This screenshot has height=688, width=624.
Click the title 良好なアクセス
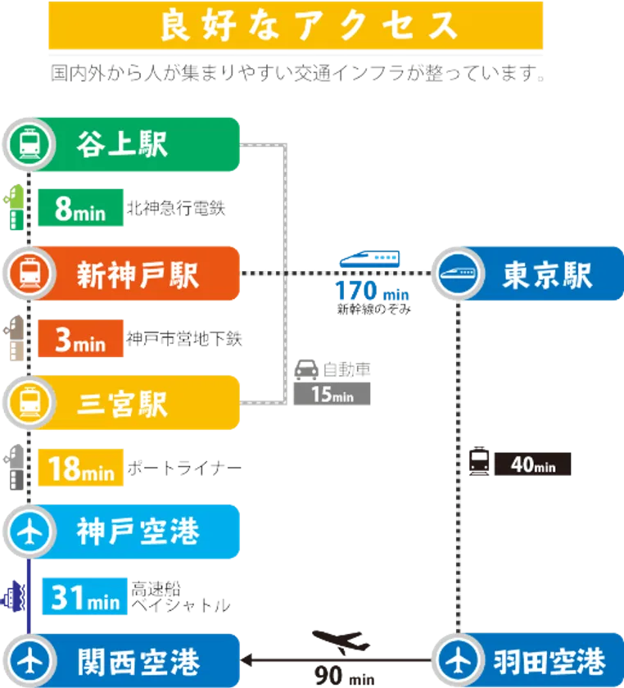(x=296, y=25)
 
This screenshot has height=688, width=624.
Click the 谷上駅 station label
(x=122, y=144)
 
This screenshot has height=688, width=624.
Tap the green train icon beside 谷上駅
(x=29, y=145)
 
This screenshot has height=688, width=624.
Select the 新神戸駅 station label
(x=138, y=274)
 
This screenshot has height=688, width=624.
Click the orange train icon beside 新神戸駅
(x=29, y=274)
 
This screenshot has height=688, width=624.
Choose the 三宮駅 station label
(x=122, y=404)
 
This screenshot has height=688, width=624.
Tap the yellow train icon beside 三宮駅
(x=29, y=404)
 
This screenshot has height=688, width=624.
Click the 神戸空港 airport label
(x=138, y=532)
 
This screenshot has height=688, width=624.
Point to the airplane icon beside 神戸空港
(x=29, y=533)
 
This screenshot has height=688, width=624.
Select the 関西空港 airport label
(x=138, y=659)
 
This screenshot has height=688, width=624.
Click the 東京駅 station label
(x=547, y=275)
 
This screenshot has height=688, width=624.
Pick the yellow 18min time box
(x=81, y=469)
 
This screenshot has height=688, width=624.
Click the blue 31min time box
(x=84, y=597)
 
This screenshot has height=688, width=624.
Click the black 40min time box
(x=533, y=464)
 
